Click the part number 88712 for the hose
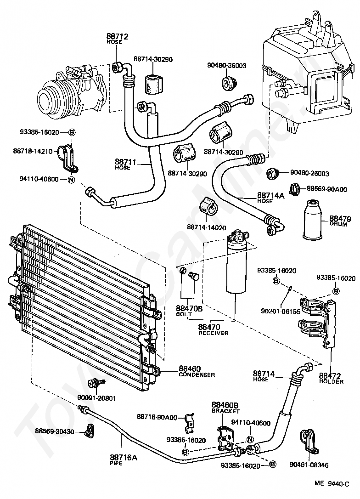117,36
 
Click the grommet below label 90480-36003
228,83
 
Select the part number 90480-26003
309,173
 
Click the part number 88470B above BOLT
189,308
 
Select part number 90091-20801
96,397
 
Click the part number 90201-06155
281,311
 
